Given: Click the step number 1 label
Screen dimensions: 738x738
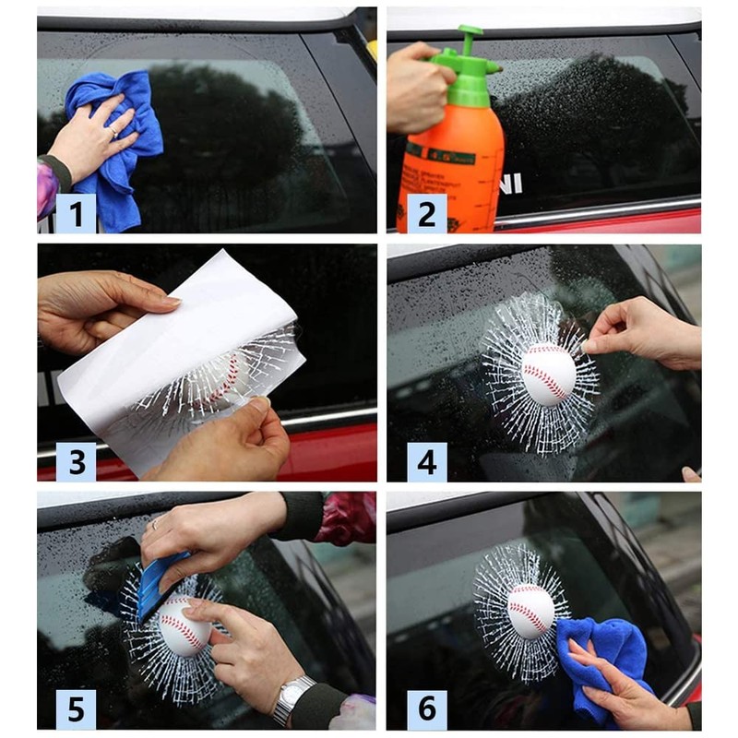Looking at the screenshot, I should pos(76,213).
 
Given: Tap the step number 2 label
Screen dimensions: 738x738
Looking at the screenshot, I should pos(426,213).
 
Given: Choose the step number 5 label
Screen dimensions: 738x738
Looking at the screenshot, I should pos(76,709).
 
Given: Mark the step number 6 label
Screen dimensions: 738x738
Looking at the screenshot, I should pos(426,709).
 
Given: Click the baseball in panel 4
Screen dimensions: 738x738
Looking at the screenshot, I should pos(548,374).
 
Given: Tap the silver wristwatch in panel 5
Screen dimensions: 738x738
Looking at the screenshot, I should pos(293,697).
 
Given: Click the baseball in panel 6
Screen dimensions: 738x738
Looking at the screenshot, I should pos(531,611).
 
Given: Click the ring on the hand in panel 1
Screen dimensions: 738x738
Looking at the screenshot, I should pos(114,132).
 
